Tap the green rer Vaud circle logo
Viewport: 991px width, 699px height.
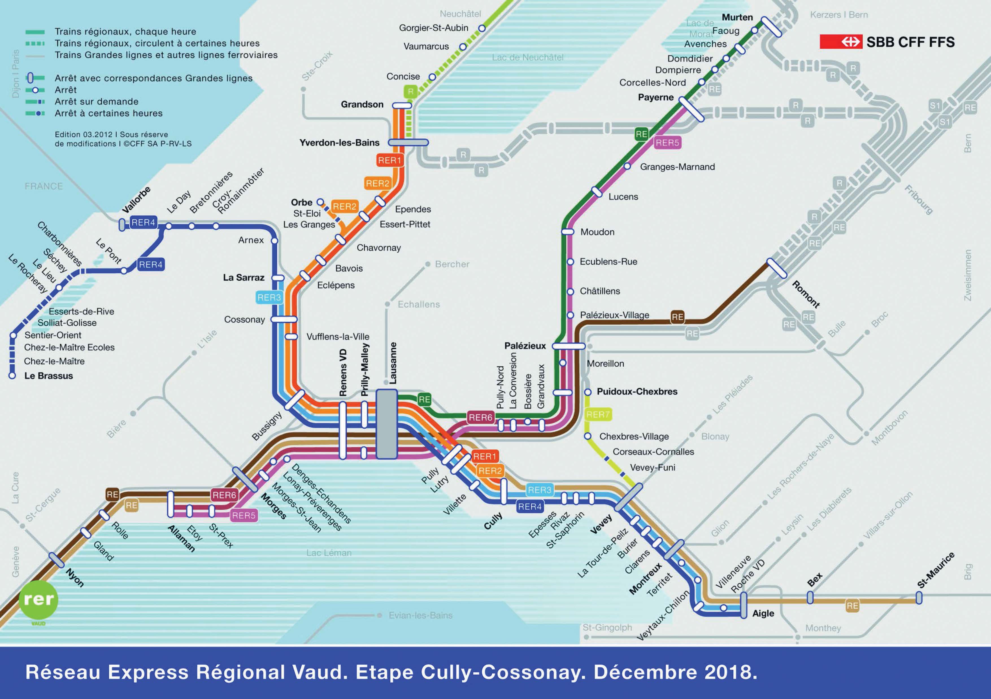coord(38,600)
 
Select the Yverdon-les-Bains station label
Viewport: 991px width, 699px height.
coord(339,142)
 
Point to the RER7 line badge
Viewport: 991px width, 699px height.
coord(598,414)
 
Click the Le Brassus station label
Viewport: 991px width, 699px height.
coord(48,376)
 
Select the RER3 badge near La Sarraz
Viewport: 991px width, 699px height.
coord(269,297)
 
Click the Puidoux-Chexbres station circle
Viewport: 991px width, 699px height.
coord(587,392)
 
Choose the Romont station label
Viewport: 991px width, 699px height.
coord(805,294)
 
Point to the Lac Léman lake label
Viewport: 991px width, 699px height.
coord(329,553)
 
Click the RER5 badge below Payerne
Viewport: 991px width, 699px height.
coord(667,142)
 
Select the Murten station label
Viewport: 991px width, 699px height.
coord(737,17)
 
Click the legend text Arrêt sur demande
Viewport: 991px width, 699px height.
coord(96,101)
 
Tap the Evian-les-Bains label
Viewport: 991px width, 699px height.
coord(420,615)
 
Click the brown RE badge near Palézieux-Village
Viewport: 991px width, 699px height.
coord(677,317)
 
